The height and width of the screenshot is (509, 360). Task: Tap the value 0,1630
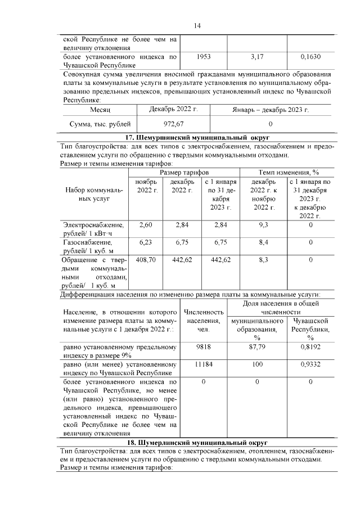(x=310, y=57)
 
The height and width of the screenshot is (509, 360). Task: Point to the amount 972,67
(x=173, y=123)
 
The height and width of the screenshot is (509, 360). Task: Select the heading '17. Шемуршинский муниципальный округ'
(x=197, y=137)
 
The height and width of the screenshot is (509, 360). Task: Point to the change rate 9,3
(x=263, y=225)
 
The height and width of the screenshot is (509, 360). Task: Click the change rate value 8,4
(x=263, y=242)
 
